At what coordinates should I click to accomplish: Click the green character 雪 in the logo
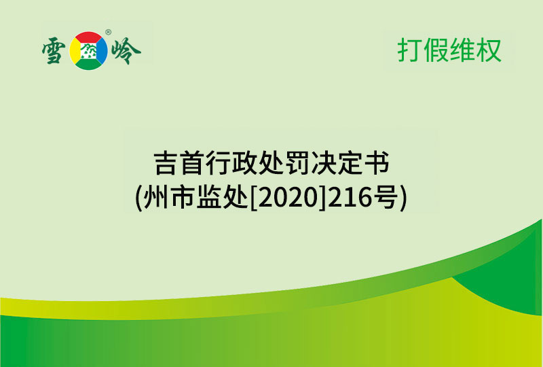click(56, 50)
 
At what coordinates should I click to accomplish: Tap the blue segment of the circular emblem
click(102, 50)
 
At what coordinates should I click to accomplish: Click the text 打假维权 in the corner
click(449, 51)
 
